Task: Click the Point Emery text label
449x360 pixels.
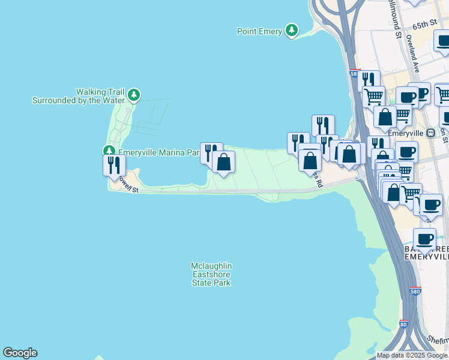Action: click(x=259, y=32)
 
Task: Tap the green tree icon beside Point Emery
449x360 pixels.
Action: click(x=291, y=30)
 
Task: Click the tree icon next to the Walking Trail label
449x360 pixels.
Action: click(x=133, y=95)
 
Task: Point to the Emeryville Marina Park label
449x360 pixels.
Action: click(x=158, y=152)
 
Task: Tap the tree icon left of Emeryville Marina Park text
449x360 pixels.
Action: click(x=109, y=151)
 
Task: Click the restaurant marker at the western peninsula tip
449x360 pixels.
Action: click(x=114, y=165)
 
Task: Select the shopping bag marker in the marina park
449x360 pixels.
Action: click(x=223, y=162)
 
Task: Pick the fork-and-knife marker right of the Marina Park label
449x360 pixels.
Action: click(x=211, y=152)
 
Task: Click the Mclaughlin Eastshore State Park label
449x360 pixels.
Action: click(x=211, y=274)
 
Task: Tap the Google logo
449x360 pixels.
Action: click(x=20, y=353)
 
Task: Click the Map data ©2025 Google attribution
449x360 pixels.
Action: click(x=412, y=355)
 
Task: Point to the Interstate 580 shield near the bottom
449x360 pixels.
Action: click(x=415, y=292)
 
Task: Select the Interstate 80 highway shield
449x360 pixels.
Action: click(x=404, y=325)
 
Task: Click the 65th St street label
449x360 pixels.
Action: click(x=424, y=25)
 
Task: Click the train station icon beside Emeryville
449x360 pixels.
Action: click(x=430, y=133)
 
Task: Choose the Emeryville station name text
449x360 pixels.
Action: click(x=406, y=133)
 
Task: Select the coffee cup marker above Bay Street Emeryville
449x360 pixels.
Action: click(x=424, y=239)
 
